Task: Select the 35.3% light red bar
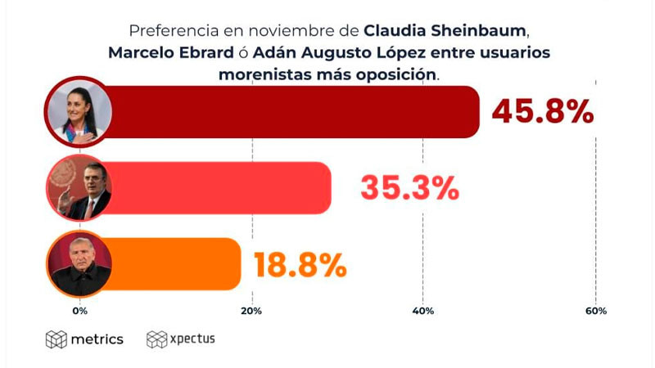(x=221, y=187)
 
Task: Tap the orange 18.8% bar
(x=176, y=264)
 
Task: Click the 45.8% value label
(x=543, y=111)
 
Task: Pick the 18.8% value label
(x=300, y=264)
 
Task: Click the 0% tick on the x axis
(x=79, y=311)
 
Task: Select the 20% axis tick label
(x=251, y=311)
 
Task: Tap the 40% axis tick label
(x=423, y=311)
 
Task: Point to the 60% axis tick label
(x=595, y=311)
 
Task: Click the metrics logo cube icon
(x=56, y=339)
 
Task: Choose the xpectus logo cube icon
(x=156, y=339)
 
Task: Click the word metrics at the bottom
(x=97, y=339)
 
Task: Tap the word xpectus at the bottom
(x=192, y=339)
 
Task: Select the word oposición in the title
(x=399, y=74)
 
